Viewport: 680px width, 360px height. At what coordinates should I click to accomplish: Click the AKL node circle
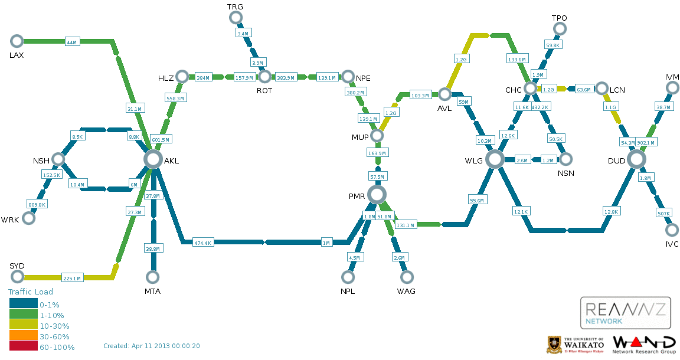[153, 159]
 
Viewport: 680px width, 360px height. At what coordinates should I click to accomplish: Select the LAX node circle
[17, 41]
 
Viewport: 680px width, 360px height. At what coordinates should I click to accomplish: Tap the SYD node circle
[17, 276]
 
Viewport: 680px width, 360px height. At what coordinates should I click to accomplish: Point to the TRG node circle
[236, 17]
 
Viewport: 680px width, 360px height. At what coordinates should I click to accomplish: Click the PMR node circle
[377, 195]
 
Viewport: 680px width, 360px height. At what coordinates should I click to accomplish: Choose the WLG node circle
[495, 159]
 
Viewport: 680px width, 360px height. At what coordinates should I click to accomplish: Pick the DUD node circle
[637, 159]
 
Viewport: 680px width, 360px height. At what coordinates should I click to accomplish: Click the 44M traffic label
[71, 42]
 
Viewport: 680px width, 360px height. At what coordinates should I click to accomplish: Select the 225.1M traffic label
[72, 278]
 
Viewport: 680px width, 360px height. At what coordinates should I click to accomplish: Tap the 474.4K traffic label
[202, 243]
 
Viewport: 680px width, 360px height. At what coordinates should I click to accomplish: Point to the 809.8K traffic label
[37, 204]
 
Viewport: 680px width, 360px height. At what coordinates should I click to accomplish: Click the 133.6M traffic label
[516, 59]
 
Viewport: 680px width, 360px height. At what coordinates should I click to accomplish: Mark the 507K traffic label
[663, 213]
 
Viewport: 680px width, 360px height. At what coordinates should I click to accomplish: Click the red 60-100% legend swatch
[24, 346]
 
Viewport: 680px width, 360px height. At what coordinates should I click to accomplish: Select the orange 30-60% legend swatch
[24, 335]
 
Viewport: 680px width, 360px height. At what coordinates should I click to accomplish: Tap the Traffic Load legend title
[30, 292]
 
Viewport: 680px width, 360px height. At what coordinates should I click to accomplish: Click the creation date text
[151, 346]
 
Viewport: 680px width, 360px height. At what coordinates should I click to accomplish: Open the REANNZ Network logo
[625, 313]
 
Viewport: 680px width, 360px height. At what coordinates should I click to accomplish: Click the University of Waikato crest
[554, 345]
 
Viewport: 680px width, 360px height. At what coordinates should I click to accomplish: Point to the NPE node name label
[364, 78]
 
